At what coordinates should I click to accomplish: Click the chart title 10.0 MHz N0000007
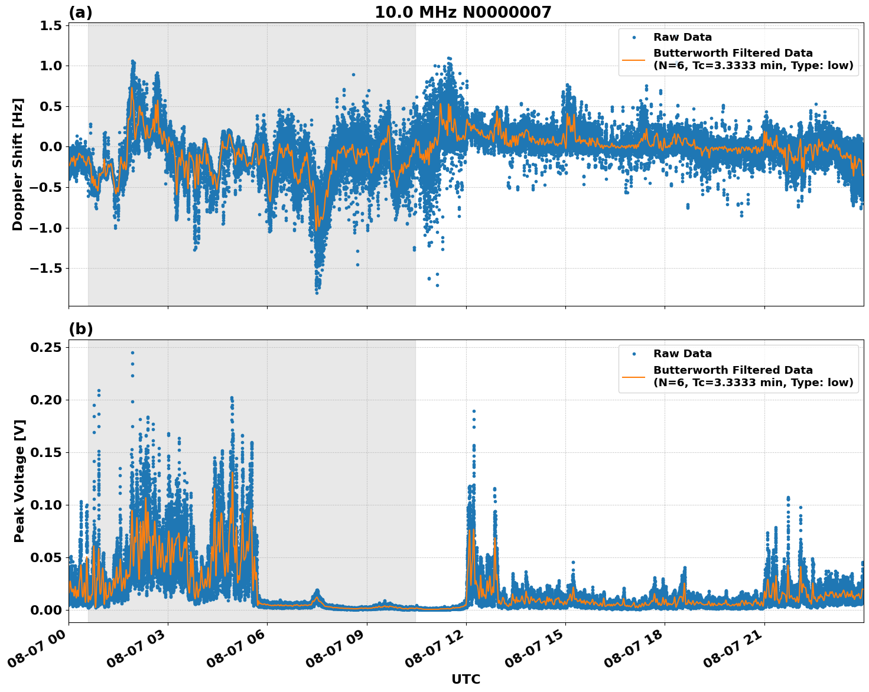click(463, 12)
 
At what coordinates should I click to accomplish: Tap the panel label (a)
click(80, 12)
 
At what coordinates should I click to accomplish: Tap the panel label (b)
click(80, 329)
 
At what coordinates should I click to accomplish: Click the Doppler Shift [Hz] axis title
click(18, 164)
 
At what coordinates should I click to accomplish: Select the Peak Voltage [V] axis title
click(19, 481)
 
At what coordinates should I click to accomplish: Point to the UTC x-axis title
click(466, 679)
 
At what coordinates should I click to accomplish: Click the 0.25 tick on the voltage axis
click(47, 347)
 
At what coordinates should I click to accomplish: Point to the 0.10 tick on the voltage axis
click(47, 505)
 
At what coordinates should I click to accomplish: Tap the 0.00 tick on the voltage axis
click(47, 610)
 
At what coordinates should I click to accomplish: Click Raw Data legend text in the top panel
click(682, 37)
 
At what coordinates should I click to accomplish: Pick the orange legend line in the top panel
click(634, 60)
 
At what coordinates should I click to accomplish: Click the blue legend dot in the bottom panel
click(634, 354)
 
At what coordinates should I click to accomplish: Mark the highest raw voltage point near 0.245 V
click(132, 352)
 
